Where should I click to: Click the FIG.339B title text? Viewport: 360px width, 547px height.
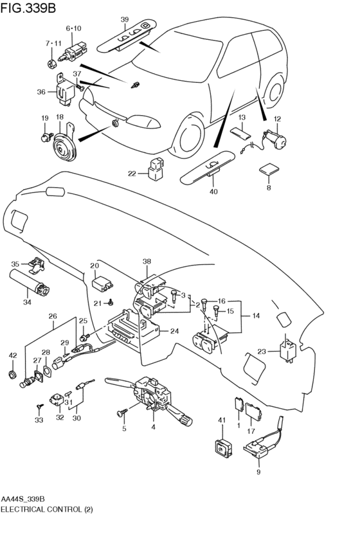[28, 8]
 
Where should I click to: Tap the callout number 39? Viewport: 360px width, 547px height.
[125, 19]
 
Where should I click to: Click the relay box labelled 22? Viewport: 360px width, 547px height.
[157, 170]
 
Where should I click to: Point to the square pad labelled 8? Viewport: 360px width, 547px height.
[269, 169]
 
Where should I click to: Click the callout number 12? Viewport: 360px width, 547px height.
[277, 119]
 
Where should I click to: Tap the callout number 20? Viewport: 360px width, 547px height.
[94, 266]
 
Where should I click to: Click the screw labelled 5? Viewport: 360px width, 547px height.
[123, 413]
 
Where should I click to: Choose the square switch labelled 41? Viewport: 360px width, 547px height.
[222, 447]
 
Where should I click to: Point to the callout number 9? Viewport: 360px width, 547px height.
[258, 472]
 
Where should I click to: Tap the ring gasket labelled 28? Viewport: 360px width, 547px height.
[47, 371]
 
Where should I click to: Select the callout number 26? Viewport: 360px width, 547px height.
[53, 316]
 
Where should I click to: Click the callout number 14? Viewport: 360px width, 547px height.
[256, 316]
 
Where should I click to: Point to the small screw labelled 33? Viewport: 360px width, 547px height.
[39, 407]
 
